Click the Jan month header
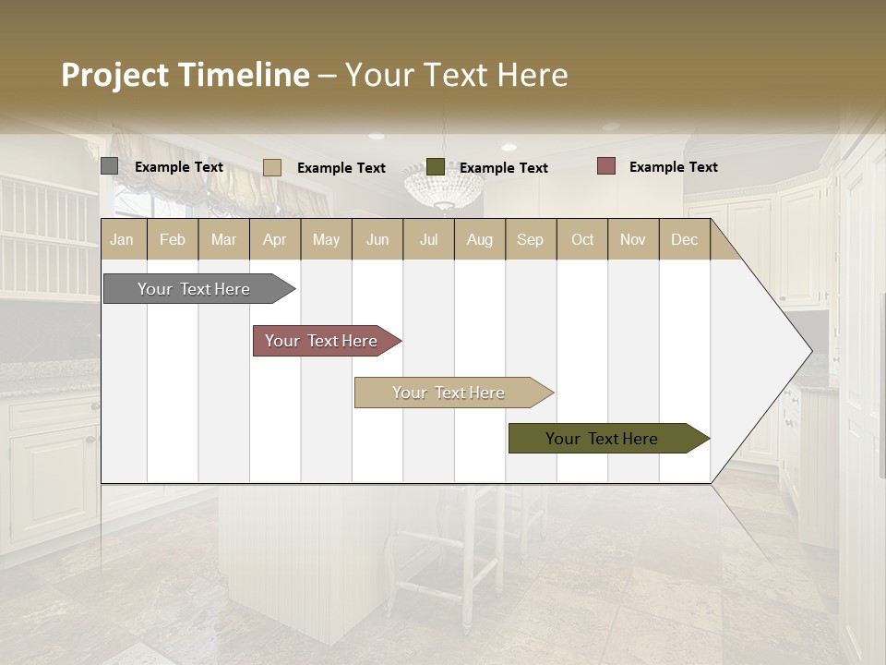click(x=122, y=239)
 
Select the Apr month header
click(x=274, y=239)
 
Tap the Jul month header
click(x=428, y=239)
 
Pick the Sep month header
click(x=530, y=239)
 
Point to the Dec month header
click(x=684, y=239)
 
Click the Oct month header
click(x=582, y=239)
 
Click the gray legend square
click(x=109, y=166)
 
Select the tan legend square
click(x=271, y=167)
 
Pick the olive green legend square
click(x=436, y=167)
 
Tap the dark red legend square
click(x=605, y=166)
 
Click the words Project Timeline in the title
click(x=185, y=75)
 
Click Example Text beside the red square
click(x=673, y=166)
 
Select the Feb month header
click(x=173, y=239)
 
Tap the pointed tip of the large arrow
click(x=809, y=351)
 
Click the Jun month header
click(x=377, y=239)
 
